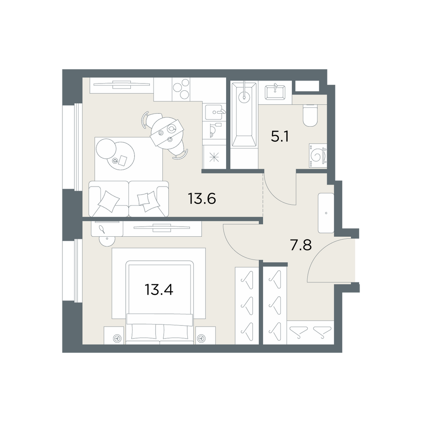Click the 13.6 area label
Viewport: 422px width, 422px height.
202,199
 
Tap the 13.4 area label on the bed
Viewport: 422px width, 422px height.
159,290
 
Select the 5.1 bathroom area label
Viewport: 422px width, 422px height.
280,137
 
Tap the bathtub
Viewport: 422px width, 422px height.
244,114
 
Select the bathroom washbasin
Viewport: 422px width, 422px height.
275,92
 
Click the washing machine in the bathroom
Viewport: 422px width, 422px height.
318,156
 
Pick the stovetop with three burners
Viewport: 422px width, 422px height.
181,88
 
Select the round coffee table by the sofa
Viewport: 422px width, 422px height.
120,156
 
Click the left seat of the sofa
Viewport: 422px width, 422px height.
109,199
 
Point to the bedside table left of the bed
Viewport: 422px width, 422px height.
114,335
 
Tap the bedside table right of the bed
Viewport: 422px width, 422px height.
206,335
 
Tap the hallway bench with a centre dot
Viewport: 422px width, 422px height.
326,213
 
